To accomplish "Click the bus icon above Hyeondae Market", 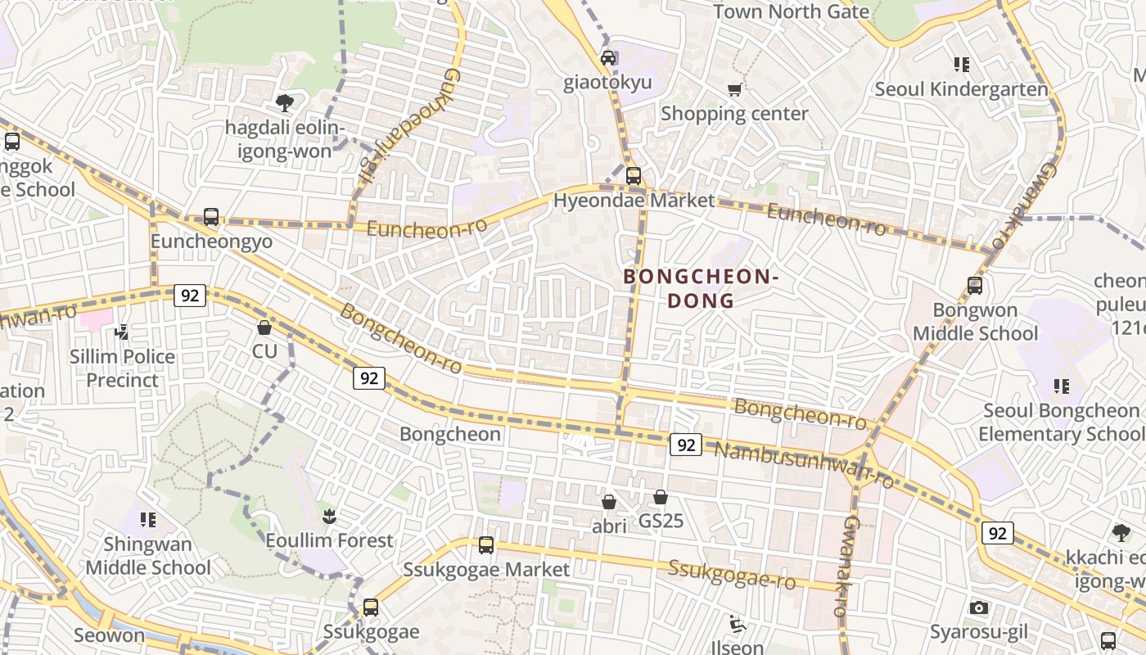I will coord(633,176).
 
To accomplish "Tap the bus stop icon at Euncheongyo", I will coord(211,217).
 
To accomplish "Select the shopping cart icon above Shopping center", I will coord(734,89).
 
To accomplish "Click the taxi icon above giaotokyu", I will coord(608,58).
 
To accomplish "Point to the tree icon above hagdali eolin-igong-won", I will coord(284,102).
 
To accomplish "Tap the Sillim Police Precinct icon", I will coord(122,332).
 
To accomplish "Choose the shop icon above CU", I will coord(264,327).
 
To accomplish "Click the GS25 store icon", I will coord(661,497).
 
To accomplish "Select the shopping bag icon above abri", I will coord(609,501).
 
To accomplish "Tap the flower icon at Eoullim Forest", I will coord(329,517).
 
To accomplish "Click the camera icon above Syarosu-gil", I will coord(978,608).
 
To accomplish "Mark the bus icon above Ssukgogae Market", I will coord(486,544).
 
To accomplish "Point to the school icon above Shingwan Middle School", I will coord(148,519).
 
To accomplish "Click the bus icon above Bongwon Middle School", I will coord(974,286).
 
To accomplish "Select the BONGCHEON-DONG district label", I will coord(700,288).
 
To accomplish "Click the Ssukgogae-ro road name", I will coord(732,575).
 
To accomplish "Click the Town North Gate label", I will coord(791,11).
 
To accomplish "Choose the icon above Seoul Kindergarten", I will coord(961,64).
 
